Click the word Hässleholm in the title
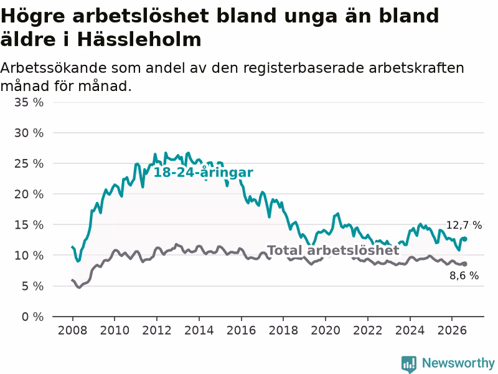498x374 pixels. point(139,39)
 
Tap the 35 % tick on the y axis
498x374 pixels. point(29,102)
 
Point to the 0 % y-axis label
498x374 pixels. point(33,317)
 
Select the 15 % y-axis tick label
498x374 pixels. point(29,225)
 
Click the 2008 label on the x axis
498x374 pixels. point(72,330)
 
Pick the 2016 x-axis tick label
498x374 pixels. point(241,330)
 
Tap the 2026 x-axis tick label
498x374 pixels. point(452,330)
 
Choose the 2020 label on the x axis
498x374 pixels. point(326,330)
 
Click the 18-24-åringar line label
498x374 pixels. point(204,173)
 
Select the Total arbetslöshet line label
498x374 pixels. point(334,251)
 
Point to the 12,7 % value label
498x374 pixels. point(464,225)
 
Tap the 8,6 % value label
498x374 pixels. point(464,276)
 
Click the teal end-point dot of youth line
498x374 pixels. point(464,239)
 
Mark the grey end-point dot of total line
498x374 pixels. point(464,264)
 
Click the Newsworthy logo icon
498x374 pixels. point(409,363)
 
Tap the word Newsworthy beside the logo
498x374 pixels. point(458,363)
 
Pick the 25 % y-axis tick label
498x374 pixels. point(29,163)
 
